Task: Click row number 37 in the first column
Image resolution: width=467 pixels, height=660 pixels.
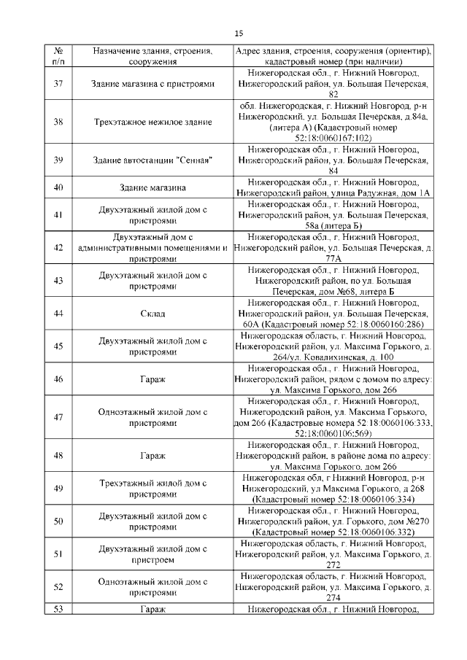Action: coord(58,84)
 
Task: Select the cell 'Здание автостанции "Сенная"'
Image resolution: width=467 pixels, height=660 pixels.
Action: coord(153,160)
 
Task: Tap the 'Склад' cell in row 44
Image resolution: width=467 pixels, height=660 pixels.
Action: coord(153,314)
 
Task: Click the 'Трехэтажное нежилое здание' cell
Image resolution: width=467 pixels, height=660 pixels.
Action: coord(153,122)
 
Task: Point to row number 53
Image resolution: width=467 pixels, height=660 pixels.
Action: coord(58,609)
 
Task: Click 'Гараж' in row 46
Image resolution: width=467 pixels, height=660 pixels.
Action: coord(153,379)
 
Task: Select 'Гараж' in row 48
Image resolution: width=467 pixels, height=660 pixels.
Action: coord(153,456)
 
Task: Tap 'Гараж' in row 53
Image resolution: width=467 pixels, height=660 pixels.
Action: coord(153,609)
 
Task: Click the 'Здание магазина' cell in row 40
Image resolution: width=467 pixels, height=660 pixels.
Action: coord(153,187)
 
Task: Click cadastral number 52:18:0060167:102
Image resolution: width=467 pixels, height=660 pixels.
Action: coord(333,137)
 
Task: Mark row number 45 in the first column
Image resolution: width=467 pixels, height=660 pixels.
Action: coord(58,346)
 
